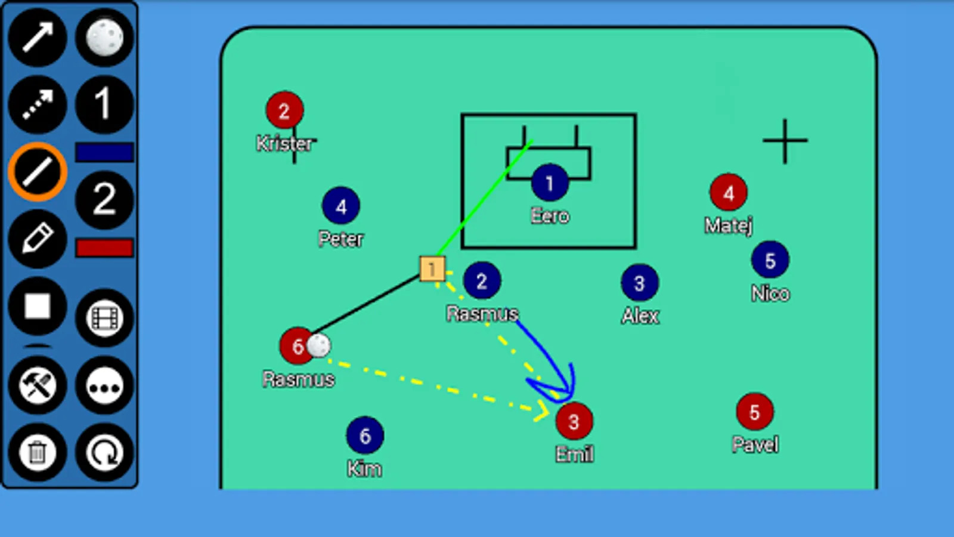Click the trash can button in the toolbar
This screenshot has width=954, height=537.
38,452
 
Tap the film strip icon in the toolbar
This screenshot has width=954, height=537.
104,318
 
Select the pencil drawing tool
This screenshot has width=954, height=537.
38,238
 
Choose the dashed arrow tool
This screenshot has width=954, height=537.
38,104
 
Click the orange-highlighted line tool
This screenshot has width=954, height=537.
38,171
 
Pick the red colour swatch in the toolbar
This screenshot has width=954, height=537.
104,248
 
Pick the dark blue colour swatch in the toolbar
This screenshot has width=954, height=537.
104,152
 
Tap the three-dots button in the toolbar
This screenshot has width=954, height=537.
104,385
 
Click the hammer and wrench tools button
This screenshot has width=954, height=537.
38,385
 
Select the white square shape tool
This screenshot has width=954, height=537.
38,306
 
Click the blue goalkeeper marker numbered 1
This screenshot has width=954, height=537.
549,183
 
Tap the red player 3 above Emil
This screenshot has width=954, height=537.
574,421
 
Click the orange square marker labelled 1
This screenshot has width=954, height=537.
432,268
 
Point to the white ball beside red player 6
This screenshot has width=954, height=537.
318,345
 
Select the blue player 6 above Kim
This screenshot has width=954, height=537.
365,435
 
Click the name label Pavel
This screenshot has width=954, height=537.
755,445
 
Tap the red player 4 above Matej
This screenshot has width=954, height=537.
728,193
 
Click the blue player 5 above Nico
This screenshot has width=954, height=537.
770,260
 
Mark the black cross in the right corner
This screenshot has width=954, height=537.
785,141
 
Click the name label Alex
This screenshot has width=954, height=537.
640,316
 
